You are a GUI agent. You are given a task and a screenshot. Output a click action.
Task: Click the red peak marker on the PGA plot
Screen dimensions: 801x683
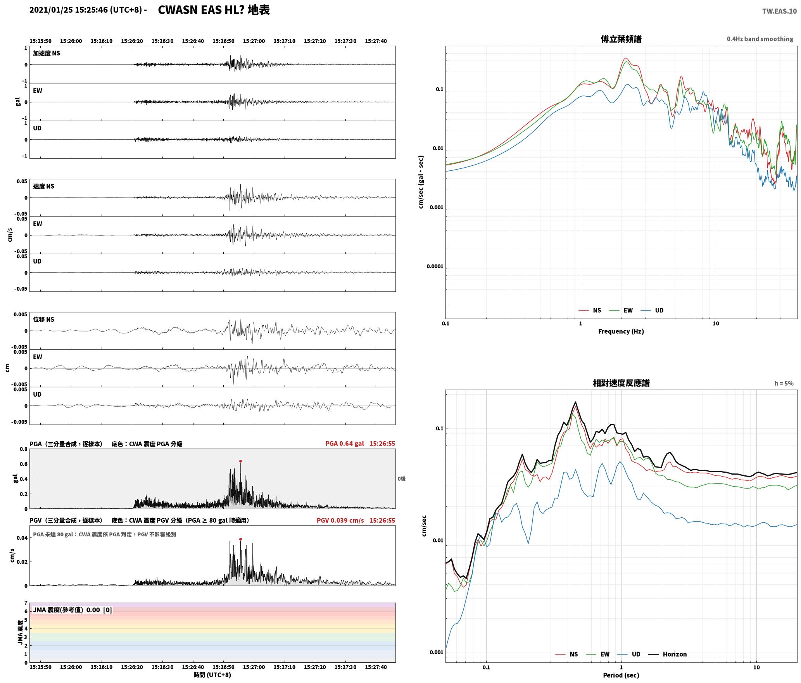240,461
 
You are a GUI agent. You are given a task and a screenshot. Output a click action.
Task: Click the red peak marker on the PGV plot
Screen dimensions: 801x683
240,539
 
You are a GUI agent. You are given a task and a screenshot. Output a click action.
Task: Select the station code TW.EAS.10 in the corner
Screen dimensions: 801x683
779,11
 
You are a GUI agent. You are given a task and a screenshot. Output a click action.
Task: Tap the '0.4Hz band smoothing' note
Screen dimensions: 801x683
760,39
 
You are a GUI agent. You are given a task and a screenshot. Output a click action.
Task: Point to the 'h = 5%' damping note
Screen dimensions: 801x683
784,383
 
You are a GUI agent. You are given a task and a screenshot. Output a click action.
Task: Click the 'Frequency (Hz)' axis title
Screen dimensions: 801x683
621,331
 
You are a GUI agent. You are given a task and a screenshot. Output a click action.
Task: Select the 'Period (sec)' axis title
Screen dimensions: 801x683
621,675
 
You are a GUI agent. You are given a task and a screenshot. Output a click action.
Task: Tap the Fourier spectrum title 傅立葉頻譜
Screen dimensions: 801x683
621,39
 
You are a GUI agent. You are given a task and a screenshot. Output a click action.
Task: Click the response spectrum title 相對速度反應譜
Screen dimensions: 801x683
621,383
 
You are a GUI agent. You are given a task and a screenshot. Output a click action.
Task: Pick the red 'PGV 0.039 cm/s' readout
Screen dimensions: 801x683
340,520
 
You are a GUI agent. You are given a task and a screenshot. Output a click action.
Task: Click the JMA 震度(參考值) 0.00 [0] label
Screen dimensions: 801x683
73,610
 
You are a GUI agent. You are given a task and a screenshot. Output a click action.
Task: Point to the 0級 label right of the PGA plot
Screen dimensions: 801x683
401,479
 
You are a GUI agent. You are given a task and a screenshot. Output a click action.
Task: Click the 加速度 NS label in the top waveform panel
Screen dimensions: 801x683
47,53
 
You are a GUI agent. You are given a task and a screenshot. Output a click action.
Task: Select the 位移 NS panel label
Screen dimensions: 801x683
43,319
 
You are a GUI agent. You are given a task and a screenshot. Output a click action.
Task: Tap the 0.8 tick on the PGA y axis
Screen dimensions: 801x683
24,449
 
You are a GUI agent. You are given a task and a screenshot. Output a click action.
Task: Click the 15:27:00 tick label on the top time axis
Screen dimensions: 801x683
254,41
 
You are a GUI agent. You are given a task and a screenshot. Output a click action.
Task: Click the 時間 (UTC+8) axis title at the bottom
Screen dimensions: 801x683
212,675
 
